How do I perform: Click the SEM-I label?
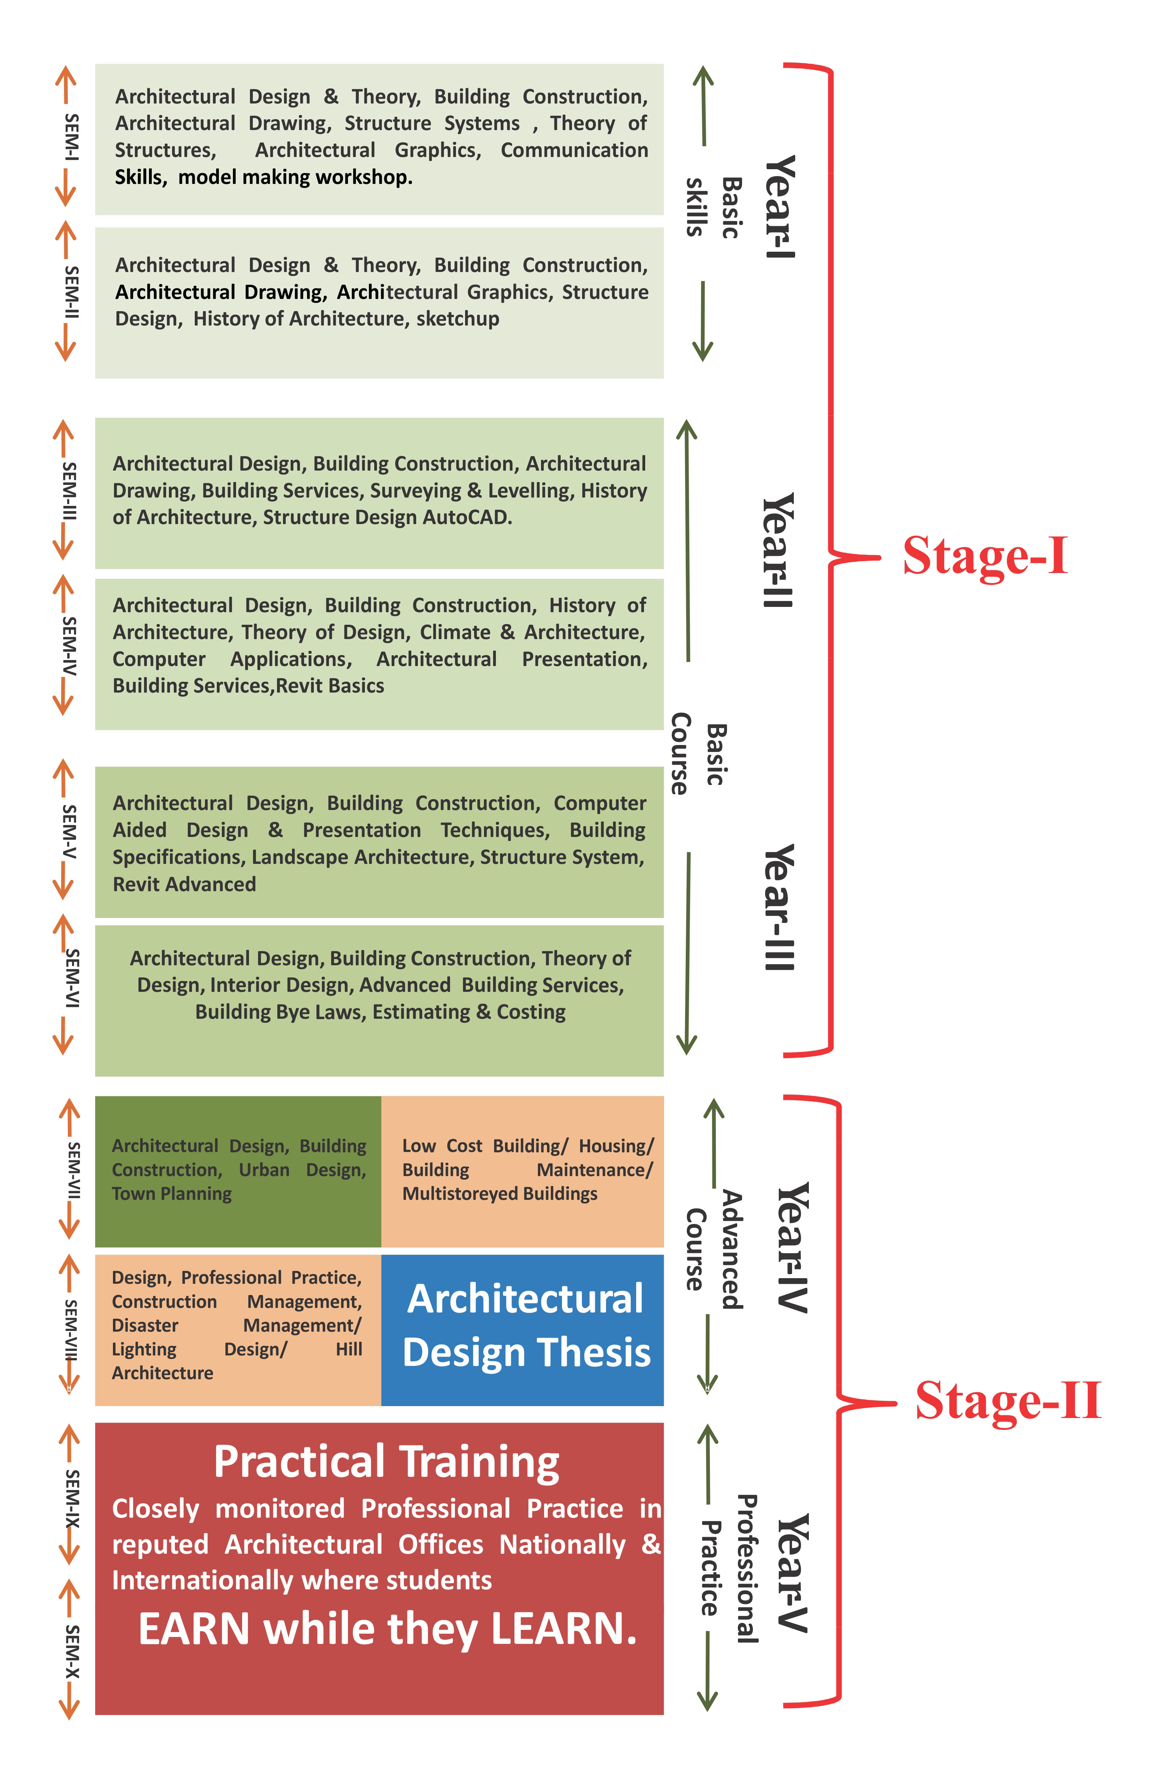click(71, 137)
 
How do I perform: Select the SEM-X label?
click(71, 1652)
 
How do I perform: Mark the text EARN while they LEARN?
click(387, 1630)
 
